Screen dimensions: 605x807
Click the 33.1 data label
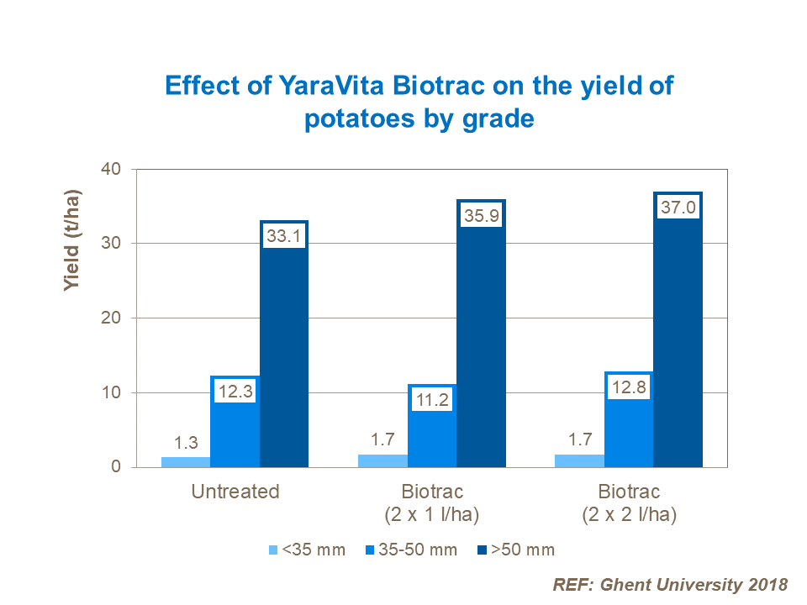[284, 237]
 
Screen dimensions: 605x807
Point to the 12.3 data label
[235, 391]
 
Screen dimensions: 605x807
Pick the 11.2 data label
[432, 399]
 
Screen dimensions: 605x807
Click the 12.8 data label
[629, 387]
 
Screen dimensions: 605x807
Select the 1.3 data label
[186, 443]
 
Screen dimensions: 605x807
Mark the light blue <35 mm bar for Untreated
[186, 462]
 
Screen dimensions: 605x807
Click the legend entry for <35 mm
[307, 550]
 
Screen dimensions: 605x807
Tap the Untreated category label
[235, 492]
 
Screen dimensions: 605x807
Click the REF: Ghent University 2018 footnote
[669, 585]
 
